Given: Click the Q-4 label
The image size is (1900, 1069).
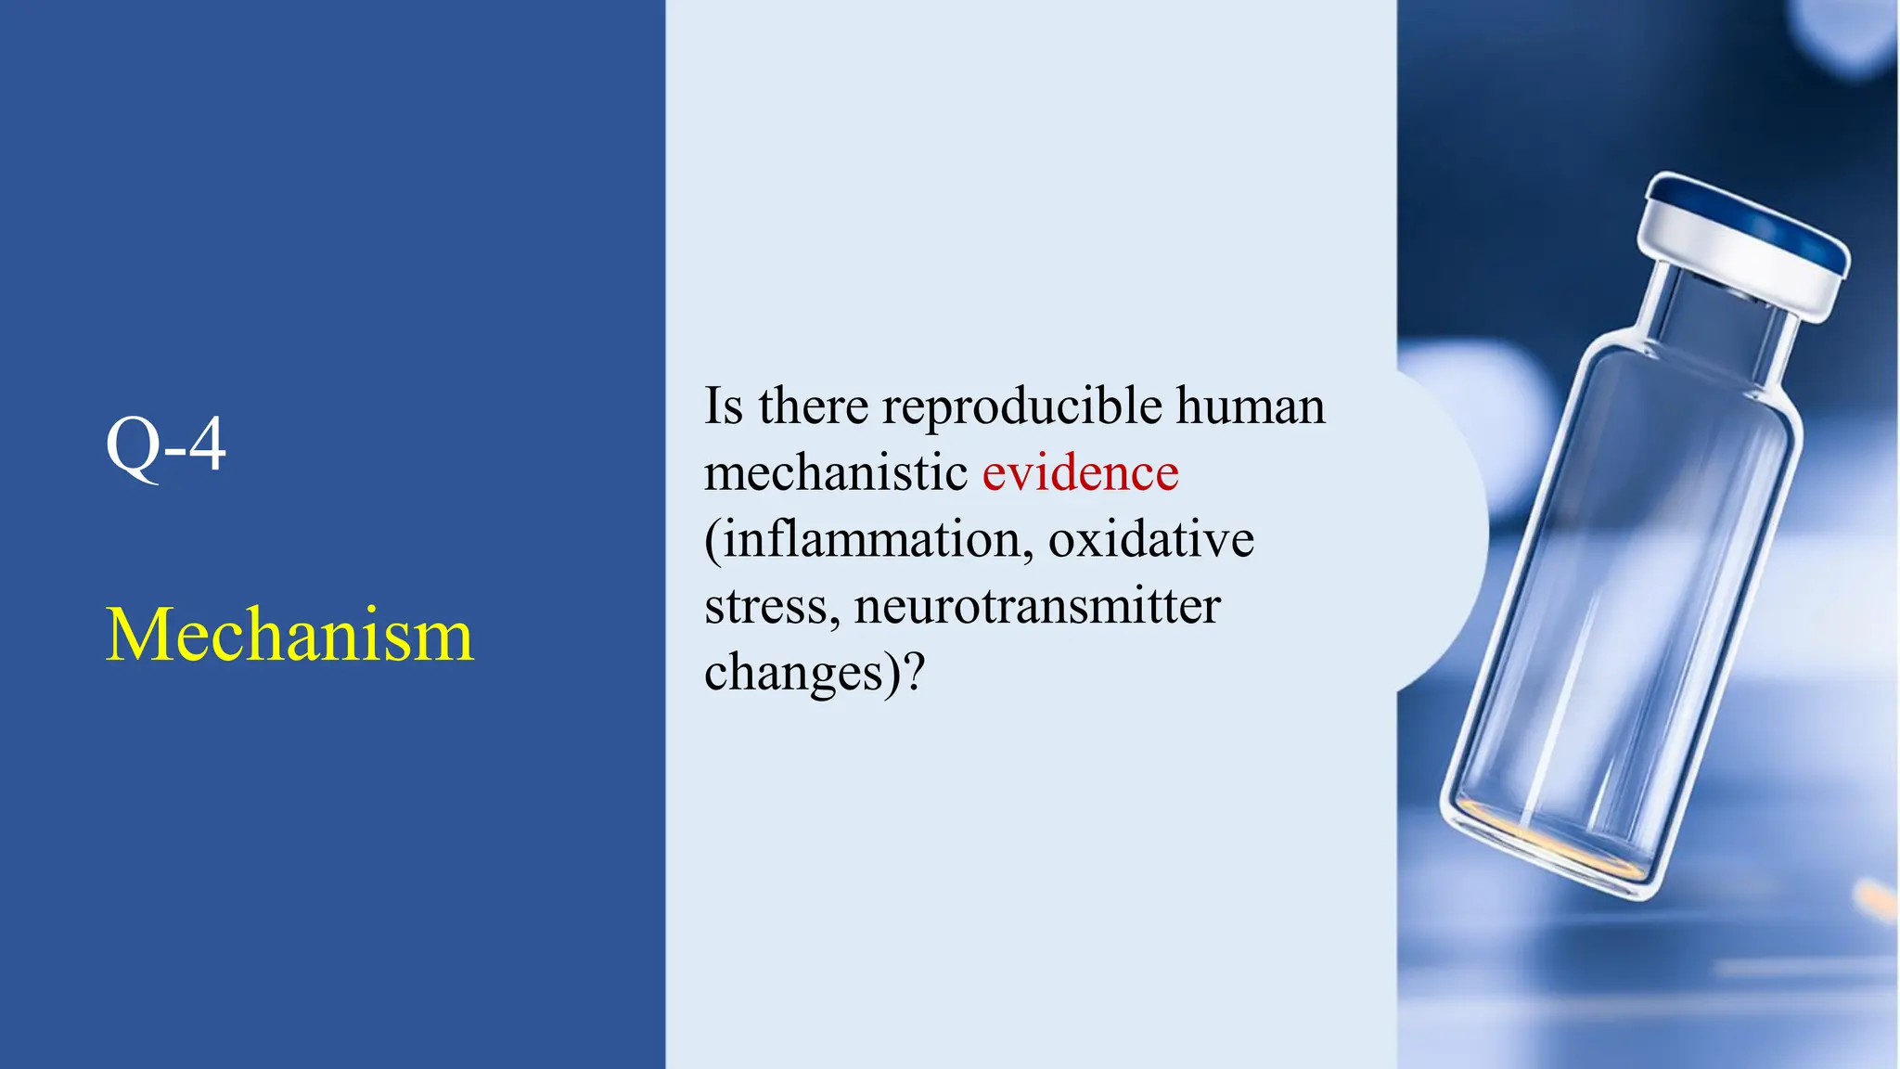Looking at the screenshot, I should pos(165,445).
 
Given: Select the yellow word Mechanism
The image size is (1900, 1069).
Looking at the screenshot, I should pos(289,635).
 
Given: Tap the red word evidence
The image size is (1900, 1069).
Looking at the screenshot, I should pos(1080,473).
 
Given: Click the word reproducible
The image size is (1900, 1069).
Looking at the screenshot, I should pos(1022,406).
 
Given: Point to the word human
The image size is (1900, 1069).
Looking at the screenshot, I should pos(1251,406).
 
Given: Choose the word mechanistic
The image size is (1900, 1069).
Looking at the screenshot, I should pos(836,473).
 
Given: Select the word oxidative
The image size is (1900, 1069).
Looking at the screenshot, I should pos(1151,540).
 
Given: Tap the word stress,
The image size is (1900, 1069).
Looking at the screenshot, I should pos(772,607).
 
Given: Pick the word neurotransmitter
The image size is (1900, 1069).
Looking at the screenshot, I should pos(1037,607).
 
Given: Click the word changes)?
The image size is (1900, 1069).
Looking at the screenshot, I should pos(815,674).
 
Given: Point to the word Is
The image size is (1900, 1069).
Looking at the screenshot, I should pos(724,406).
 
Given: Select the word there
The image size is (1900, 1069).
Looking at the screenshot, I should pos(814,406).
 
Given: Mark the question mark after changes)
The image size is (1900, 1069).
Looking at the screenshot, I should pos(915,672).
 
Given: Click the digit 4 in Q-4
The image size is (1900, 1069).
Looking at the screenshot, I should pos(207,445).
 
